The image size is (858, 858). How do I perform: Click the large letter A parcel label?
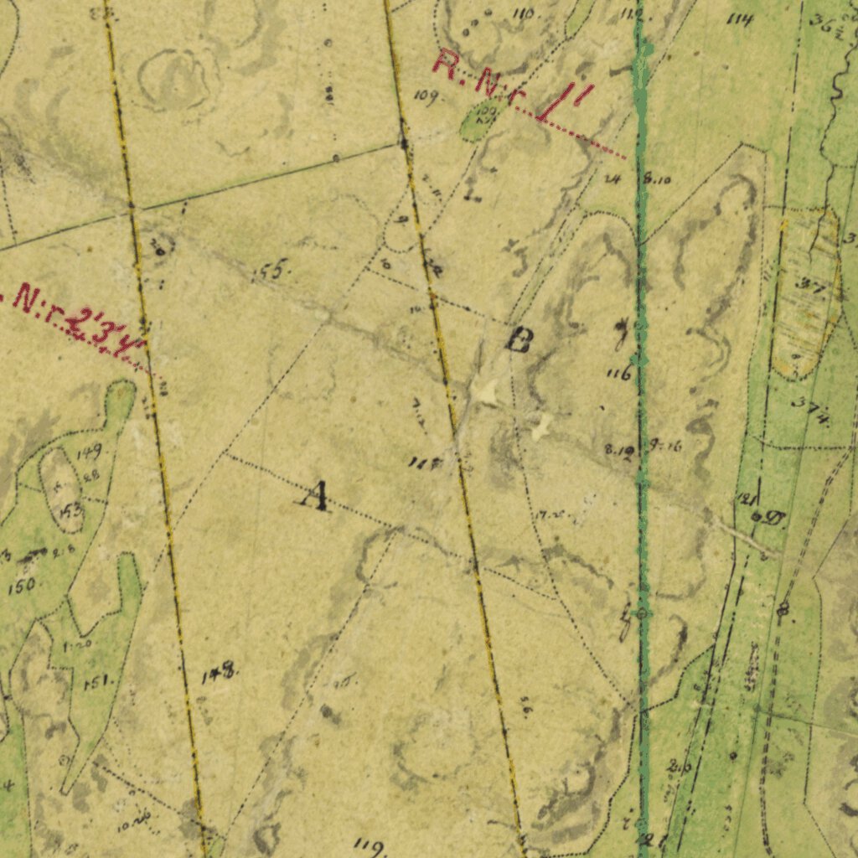click(315, 495)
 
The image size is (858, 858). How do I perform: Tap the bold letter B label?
click(519, 341)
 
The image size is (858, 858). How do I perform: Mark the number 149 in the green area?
click(89, 453)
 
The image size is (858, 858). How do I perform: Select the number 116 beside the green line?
click(619, 374)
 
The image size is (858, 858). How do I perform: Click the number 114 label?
click(740, 18)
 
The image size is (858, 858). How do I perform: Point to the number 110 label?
click(525, 14)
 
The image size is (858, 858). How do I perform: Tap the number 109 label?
click(426, 97)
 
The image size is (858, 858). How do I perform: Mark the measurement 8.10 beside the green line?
click(658, 178)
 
